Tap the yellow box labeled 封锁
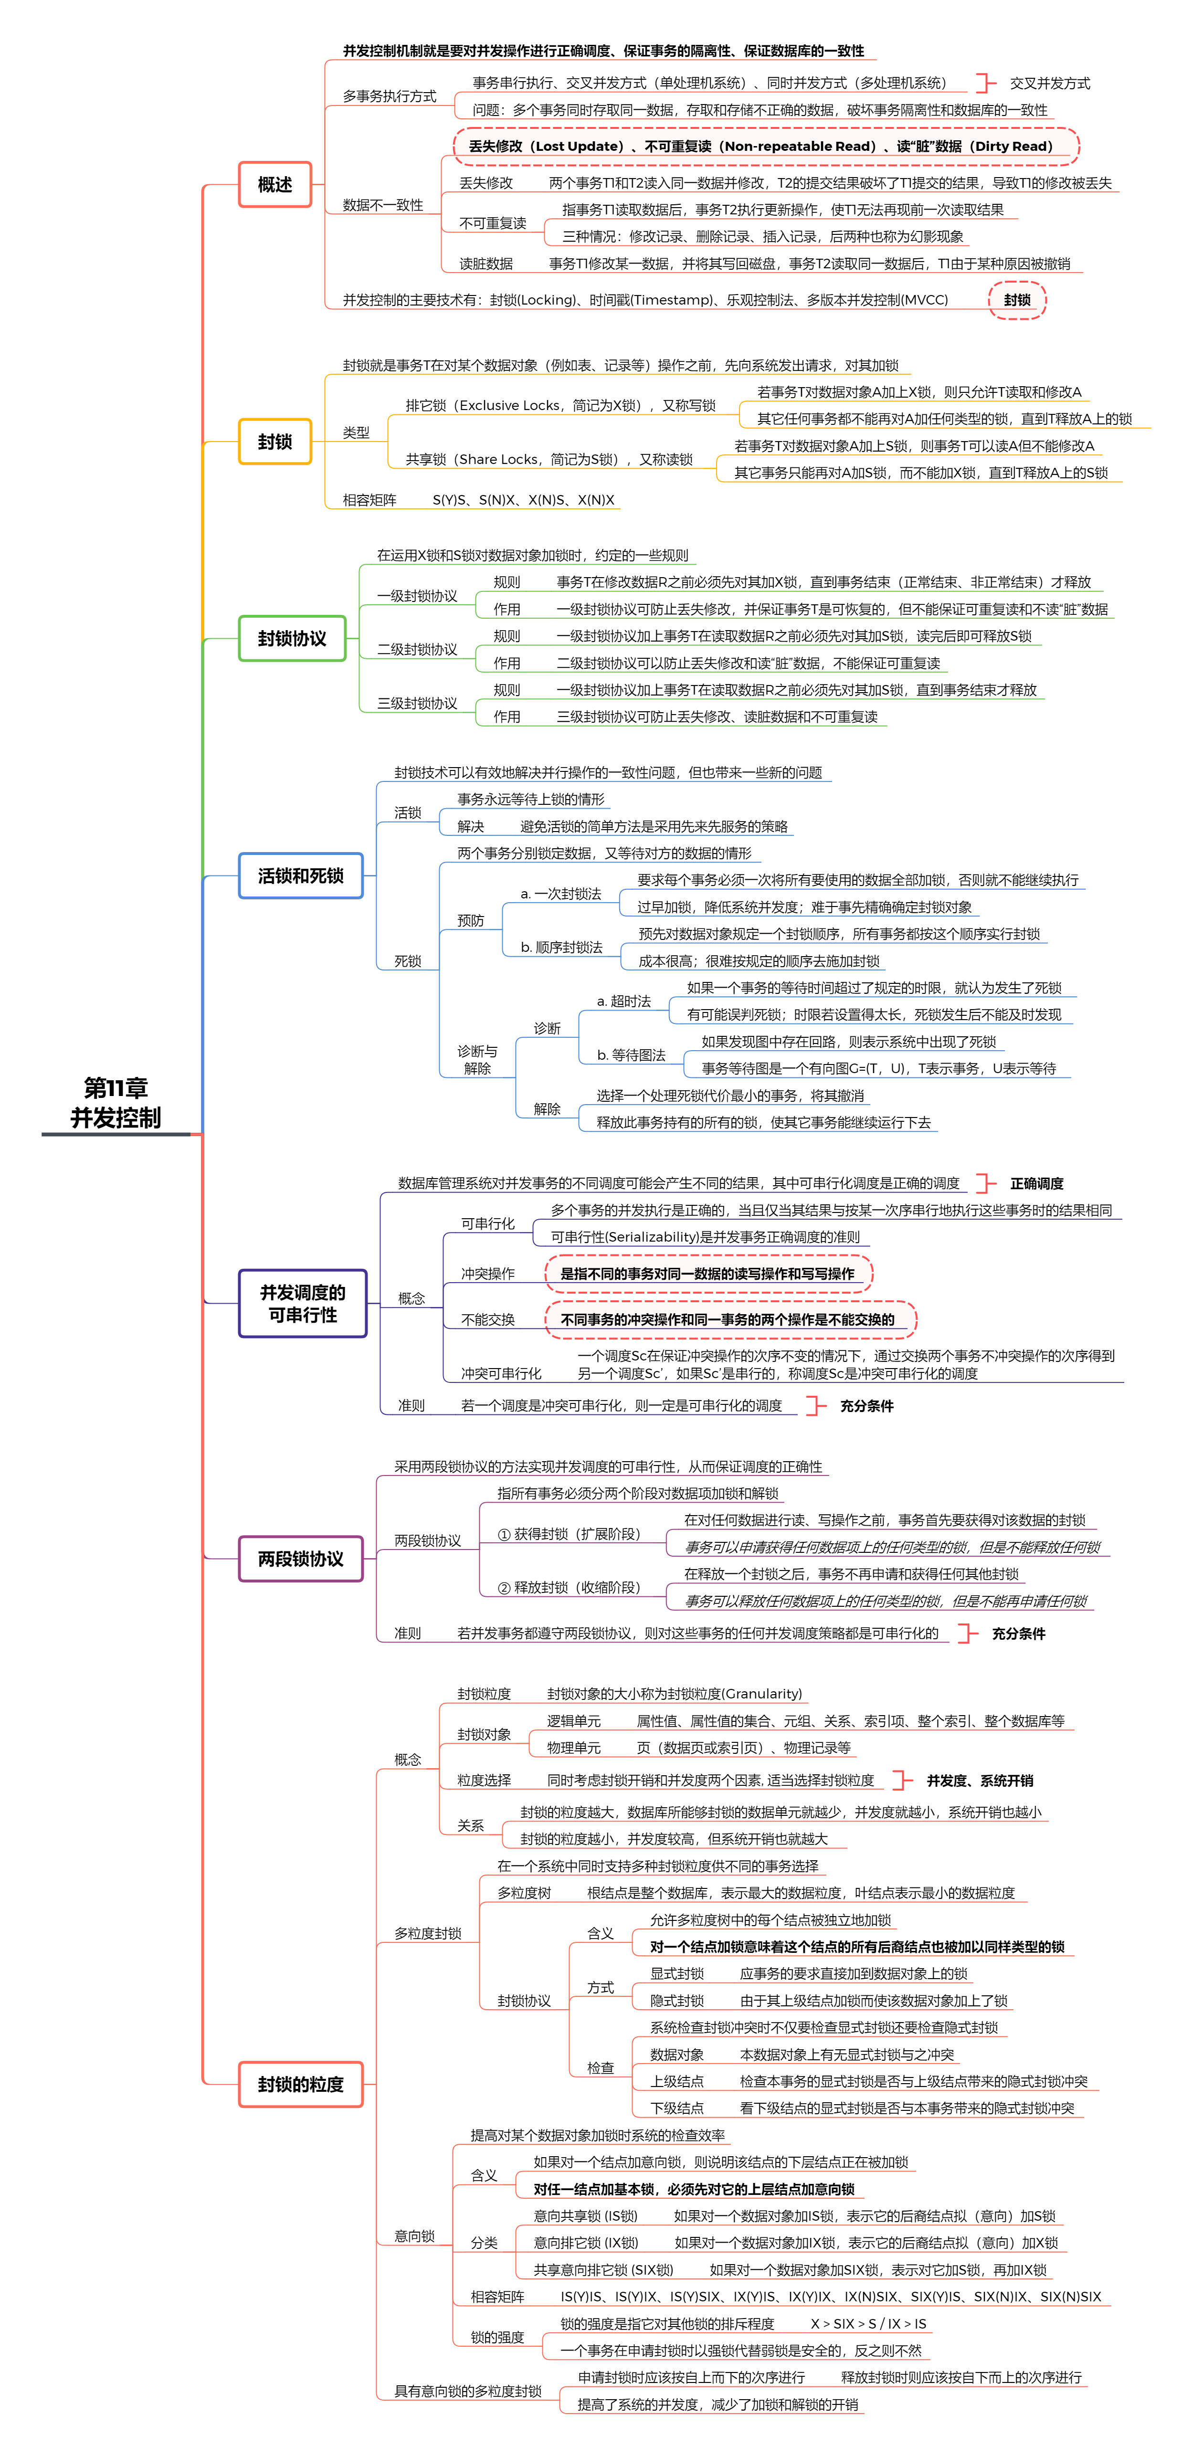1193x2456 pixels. click(x=274, y=442)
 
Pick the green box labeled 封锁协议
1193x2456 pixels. click(x=292, y=639)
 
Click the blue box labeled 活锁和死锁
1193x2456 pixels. click(x=300, y=875)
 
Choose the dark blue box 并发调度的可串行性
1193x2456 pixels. click(x=302, y=1303)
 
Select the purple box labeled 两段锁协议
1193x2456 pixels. click(x=300, y=1559)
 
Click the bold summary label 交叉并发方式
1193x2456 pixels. click(x=1050, y=83)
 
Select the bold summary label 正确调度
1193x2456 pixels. click(x=1036, y=1183)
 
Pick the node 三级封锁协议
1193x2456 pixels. click(x=417, y=704)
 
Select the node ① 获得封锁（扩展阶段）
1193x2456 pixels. click(x=570, y=1534)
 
